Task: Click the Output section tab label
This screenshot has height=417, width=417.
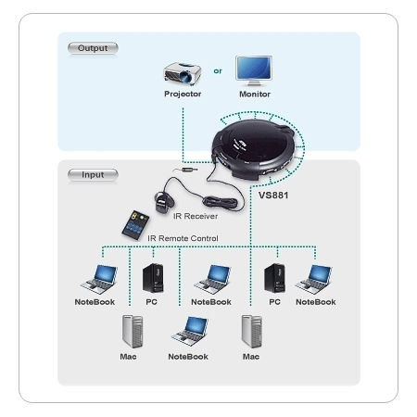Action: pos(94,46)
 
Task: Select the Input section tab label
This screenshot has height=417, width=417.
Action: pos(93,173)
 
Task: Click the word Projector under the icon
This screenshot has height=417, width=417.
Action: pos(183,94)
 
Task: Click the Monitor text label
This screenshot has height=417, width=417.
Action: pos(254,94)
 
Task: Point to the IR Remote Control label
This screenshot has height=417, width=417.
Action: pos(183,238)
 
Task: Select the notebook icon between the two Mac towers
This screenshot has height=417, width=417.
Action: pos(193,329)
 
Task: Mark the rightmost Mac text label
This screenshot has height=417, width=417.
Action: pos(251,355)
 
